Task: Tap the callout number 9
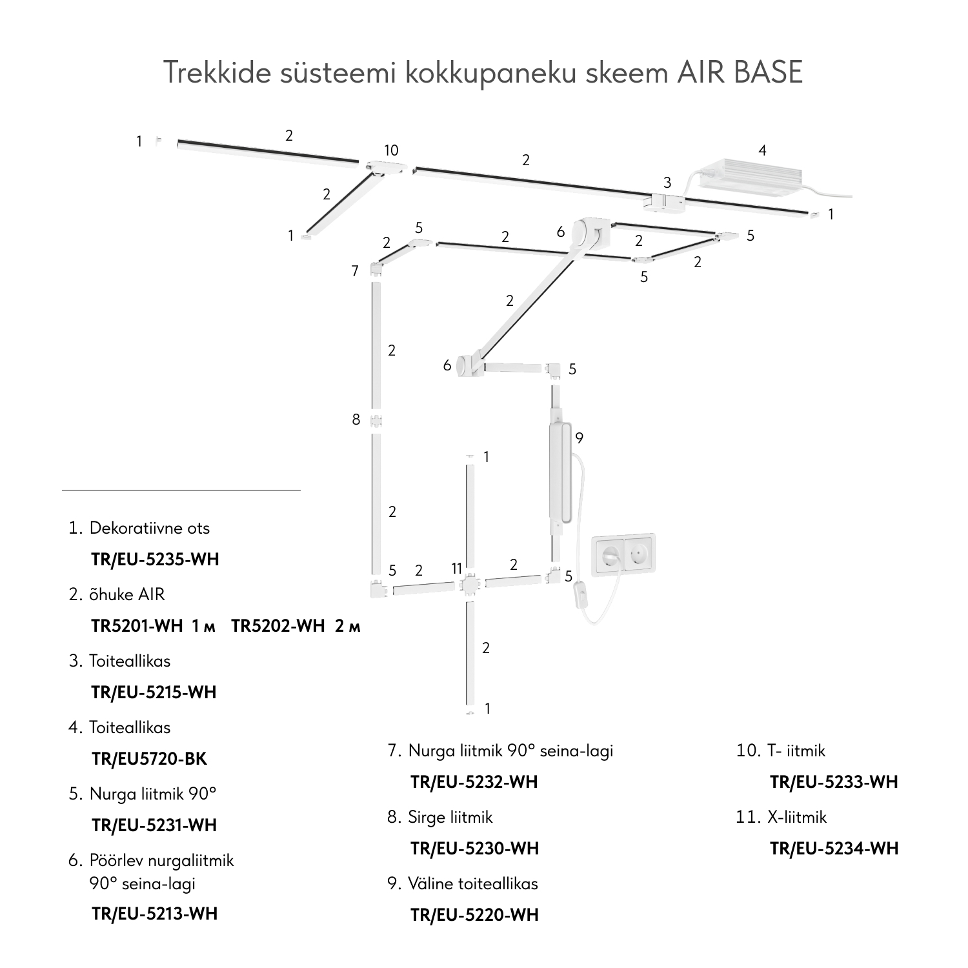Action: (x=579, y=439)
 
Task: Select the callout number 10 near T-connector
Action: (x=391, y=150)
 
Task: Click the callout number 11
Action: (x=457, y=569)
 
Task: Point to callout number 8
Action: (x=356, y=419)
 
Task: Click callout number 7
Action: (x=355, y=271)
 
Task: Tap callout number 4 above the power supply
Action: (x=762, y=151)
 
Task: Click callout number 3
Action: (x=667, y=183)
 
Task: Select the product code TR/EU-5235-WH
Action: (x=155, y=560)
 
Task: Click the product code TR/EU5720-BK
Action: (x=149, y=759)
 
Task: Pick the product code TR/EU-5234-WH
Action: (x=834, y=848)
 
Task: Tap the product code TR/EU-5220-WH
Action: (x=474, y=915)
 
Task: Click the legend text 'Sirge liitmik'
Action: (x=450, y=817)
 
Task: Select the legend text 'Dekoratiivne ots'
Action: (x=149, y=528)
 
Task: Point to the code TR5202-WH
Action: (x=277, y=626)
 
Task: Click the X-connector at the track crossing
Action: (x=469, y=585)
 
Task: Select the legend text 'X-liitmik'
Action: (x=796, y=817)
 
